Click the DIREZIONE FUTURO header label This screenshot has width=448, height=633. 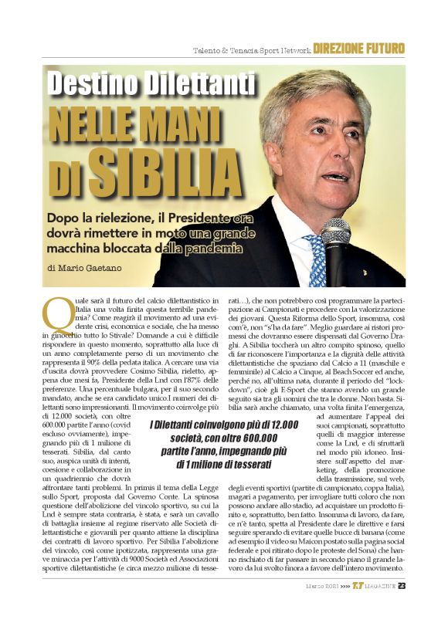359,49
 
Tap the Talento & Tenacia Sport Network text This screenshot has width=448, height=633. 252,50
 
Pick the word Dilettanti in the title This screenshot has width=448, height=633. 202,83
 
